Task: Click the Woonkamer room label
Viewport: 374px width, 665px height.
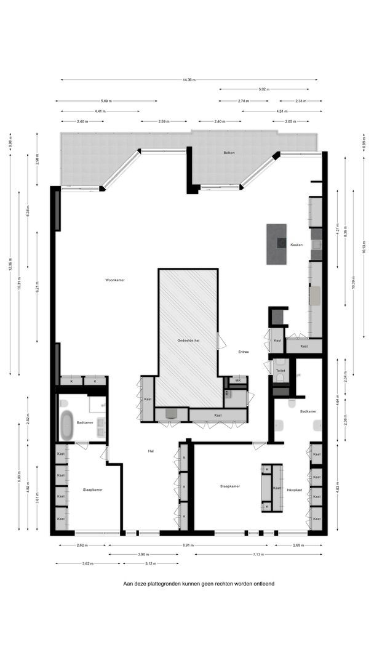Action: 115,280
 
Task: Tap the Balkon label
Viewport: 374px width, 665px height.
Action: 229,152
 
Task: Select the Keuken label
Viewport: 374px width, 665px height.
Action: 296,244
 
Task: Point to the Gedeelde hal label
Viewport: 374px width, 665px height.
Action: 188,341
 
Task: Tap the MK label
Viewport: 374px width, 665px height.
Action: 237,381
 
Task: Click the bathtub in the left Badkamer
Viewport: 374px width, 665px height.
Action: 66,424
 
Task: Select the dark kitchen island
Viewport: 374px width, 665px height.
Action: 277,244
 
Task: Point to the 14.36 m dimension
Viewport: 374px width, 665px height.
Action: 189,79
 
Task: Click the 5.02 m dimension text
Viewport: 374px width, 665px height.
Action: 263,89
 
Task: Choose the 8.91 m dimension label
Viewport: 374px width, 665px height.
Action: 189,545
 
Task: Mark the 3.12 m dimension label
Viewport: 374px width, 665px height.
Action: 150,563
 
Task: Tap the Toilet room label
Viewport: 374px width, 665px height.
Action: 280,371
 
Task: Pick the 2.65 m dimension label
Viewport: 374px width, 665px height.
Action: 298,545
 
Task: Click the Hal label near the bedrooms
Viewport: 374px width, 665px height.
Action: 151,451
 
